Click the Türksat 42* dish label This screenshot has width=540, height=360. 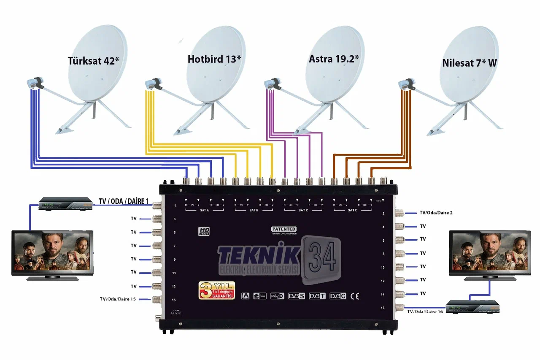click(x=93, y=61)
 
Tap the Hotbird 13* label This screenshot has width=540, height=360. click(x=214, y=59)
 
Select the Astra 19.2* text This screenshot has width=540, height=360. click(x=334, y=59)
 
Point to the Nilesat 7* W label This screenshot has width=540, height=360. click(x=470, y=63)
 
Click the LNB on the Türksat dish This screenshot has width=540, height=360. click(x=34, y=83)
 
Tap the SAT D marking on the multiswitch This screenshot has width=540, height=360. click(x=352, y=210)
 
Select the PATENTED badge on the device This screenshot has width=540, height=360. click(x=283, y=229)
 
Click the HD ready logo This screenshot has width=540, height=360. click(x=204, y=231)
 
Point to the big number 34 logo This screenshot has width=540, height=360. click(x=321, y=255)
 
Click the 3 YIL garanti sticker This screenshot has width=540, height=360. click(x=216, y=290)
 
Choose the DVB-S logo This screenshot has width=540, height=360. click(x=296, y=296)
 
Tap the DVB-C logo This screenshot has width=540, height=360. click(x=338, y=296)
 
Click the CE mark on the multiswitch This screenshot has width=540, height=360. click(x=355, y=296)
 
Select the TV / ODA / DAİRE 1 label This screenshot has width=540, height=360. click(x=124, y=201)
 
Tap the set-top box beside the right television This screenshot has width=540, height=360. click(x=473, y=306)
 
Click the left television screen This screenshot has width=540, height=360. click(x=52, y=252)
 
